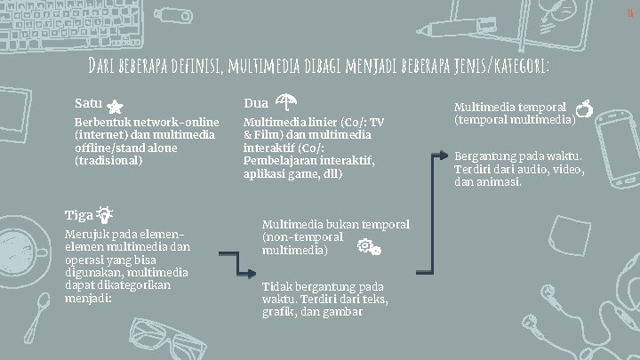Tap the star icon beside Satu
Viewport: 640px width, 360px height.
coord(116,106)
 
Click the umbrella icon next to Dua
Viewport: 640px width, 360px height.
coord(287,103)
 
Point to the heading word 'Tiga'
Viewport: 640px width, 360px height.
coord(78,215)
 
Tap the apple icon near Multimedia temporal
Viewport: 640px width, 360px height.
coord(583,110)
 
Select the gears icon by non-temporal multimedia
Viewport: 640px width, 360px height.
coord(368,247)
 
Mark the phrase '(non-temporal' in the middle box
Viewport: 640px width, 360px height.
coord(303,237)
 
